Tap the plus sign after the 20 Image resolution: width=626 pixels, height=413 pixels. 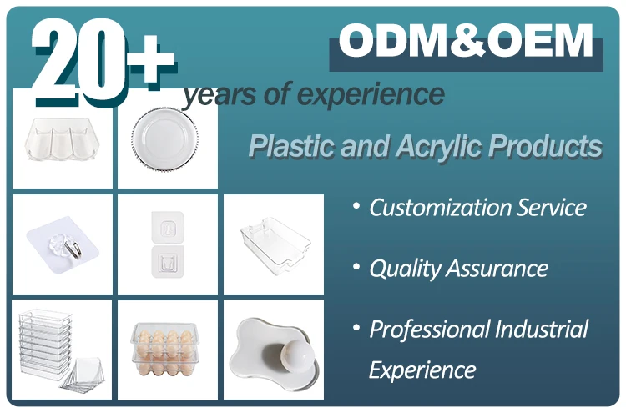[x=151, y=58]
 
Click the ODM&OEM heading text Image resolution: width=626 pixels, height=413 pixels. [x=466, y=41]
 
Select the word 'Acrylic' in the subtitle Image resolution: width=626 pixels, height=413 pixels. [x=439, y=146]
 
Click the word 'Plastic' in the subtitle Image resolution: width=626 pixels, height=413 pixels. [x=292, y=145]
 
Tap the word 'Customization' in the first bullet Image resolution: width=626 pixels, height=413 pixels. [x=440, y=208]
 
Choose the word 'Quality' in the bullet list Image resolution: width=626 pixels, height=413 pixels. [x=404, y=269]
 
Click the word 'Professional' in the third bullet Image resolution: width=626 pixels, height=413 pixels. [x=429, y=330]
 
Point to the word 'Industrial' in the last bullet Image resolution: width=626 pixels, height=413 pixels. [x=542, y=329]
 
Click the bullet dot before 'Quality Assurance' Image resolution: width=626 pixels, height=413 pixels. [x=356, y=266]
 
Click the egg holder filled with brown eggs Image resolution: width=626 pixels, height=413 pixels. [x=164, y=350]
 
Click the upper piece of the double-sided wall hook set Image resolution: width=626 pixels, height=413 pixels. [x=168, y=227]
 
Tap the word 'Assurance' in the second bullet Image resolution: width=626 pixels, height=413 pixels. [x=497, y=268]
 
